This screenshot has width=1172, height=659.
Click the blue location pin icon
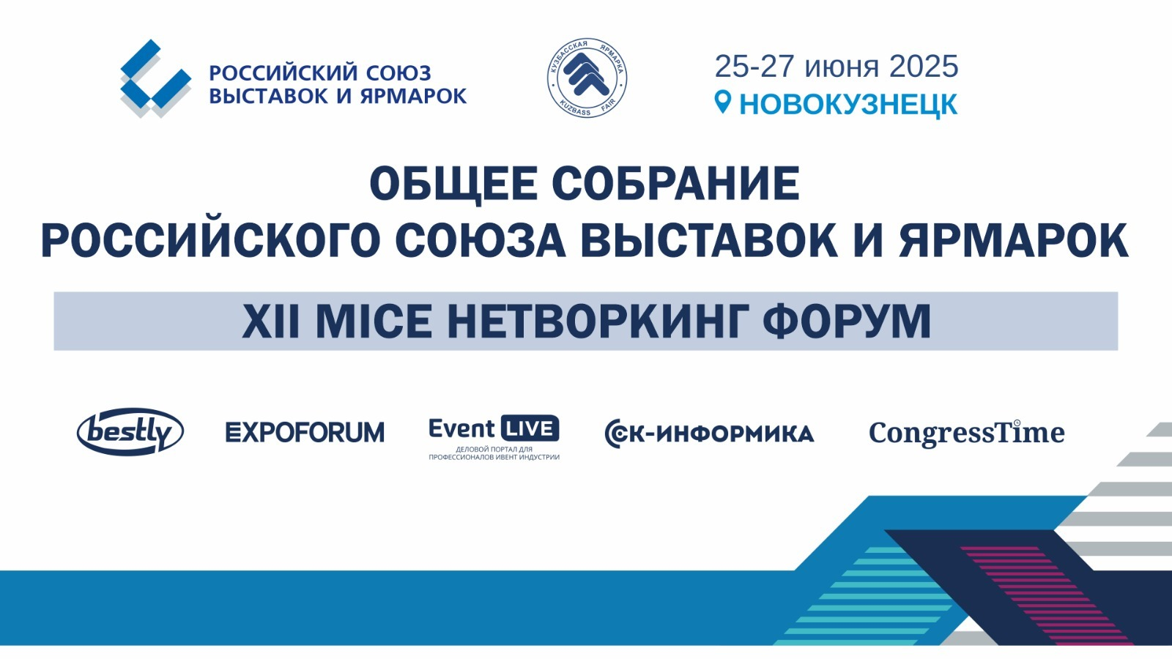[722, 102]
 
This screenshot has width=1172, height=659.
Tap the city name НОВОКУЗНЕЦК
[848, 104]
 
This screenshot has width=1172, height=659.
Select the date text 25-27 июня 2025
[836, 67]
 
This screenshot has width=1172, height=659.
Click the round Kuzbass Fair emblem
[587, 78]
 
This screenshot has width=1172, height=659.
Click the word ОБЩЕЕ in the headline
[453, 184]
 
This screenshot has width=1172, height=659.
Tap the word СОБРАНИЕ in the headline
[676, 184]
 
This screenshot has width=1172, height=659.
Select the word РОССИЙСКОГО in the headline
[210, 241]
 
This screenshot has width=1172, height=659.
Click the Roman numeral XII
[270, 321]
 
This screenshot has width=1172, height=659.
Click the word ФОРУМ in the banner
[847, 321]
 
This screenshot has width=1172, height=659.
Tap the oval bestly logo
[130, 431]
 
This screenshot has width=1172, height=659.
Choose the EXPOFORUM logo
[305, 433]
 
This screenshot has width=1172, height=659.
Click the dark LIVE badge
[530, 429]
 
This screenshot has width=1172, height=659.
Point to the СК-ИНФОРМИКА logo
[710, 433]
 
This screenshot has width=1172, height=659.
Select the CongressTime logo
[967, 433]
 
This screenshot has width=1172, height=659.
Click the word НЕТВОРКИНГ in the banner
[596, 321]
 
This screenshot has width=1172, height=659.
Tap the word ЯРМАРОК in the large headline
[1014, 241]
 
